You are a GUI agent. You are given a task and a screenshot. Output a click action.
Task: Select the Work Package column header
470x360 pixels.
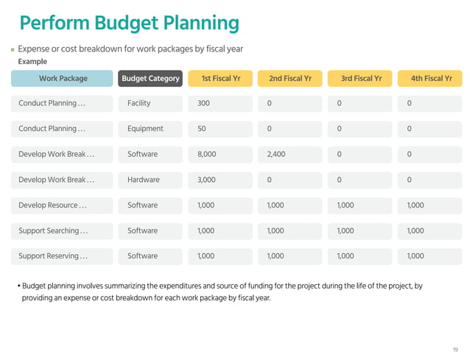63,78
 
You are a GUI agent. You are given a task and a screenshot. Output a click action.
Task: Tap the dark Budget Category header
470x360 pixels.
150,78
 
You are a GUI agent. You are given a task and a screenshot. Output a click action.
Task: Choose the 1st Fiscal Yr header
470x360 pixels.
220,78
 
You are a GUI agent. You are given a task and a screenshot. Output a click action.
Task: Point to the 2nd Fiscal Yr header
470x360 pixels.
290,78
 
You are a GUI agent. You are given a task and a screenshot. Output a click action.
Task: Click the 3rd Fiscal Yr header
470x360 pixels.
361,78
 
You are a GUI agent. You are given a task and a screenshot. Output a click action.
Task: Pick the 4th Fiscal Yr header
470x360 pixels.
431,78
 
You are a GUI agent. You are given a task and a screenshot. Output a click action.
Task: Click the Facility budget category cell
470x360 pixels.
150,103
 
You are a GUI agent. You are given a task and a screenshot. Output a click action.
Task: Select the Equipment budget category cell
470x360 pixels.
150,129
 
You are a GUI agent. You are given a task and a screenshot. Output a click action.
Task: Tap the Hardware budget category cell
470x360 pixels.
150,180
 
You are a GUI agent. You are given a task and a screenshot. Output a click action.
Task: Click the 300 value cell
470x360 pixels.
220,103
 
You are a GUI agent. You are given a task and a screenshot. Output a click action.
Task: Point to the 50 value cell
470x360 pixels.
220,129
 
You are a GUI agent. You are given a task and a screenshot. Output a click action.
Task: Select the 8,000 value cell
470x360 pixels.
220,155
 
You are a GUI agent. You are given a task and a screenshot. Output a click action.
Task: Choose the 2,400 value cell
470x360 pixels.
290,155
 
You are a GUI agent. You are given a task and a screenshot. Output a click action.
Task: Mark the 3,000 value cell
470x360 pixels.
220,180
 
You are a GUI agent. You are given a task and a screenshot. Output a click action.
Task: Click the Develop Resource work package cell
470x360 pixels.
63,205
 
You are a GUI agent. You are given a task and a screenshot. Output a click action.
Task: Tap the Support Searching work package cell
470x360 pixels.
63,230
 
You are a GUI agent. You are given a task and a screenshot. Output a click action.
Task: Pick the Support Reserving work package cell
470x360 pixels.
63,256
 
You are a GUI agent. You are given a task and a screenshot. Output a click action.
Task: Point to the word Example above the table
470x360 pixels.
32,62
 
